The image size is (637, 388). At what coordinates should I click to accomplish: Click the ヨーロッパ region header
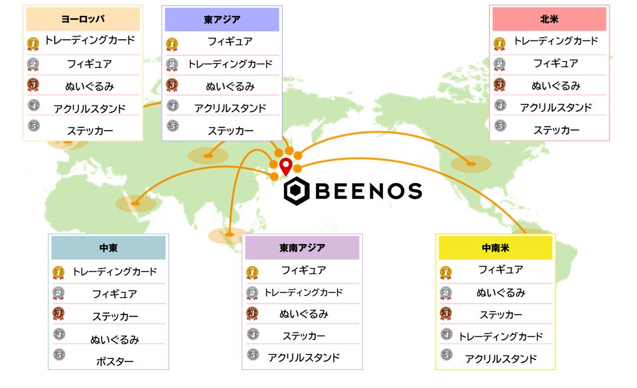pos(83,19)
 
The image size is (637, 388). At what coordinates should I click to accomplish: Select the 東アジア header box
pos(222,19)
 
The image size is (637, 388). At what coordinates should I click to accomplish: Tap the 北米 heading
pos(549,19)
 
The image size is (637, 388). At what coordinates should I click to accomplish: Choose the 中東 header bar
pos(108,248)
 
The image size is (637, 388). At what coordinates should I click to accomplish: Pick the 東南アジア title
pos(302,248)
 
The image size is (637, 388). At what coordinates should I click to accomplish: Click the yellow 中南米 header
pos(495,248)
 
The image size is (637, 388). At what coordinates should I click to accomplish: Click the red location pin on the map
pos(285,166)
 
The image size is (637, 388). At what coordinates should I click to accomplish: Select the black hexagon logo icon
pos(296,191)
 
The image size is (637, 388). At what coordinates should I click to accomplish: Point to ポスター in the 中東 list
pos(115,361)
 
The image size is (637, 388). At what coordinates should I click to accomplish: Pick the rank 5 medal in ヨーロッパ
pos(34,125)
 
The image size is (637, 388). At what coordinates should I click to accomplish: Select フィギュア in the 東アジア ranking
pos(230,41)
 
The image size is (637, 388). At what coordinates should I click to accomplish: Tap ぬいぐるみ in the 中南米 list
pos(500,292)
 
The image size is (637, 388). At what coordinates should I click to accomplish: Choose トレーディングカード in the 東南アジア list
pos(303,292)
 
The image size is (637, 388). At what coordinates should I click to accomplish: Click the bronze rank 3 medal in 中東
pos(58,315)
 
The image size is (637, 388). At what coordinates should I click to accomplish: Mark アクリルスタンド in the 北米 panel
pos(555,107)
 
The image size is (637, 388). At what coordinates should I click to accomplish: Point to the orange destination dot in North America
pos(471,163)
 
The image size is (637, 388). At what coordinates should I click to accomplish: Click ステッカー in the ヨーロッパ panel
pos(90,130)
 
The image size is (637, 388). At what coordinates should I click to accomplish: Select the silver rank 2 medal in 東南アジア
pos(252,292)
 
